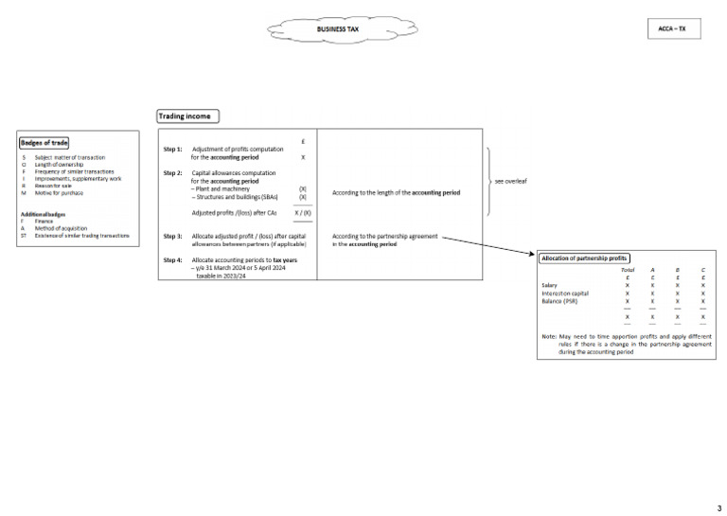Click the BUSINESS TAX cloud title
click(338, 29)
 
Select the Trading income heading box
click(188, 116)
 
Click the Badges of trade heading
click(44, 143)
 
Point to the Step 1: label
click(173, 150)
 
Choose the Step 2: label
click(173, 173)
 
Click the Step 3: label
click(173, 236)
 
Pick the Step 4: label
click(173, 259)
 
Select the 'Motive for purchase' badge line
click(59, 193)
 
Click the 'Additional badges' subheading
click(44, 214)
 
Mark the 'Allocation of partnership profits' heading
click(584, 258)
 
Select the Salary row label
click(549, 285)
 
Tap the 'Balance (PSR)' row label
click(559, 301)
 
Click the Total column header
click(628, 270)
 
